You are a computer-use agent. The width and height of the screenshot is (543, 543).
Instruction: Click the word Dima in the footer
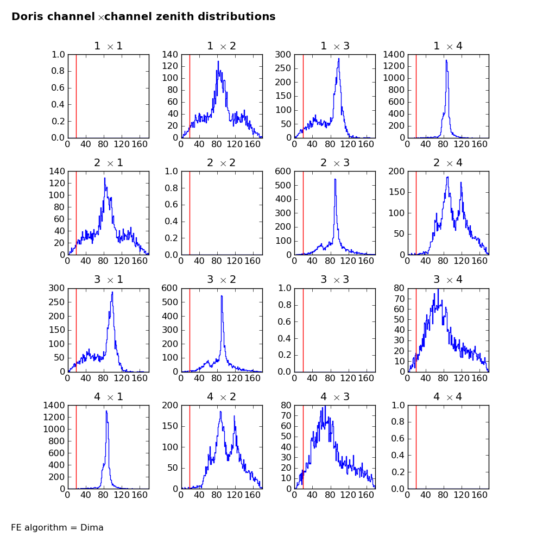tap(92, 527)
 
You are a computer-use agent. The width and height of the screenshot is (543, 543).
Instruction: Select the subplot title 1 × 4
tap(448, 46)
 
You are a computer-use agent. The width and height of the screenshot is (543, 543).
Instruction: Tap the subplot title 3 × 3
tap(335, 280)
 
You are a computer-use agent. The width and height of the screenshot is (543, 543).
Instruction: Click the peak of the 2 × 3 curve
tap(335, 179)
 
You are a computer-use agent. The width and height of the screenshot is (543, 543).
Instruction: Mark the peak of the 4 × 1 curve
tap(106, 411)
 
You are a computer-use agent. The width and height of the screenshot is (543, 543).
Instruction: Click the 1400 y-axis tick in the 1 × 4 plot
tap(394, 54)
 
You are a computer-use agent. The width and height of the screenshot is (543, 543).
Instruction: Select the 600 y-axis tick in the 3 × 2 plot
tap(169, 288)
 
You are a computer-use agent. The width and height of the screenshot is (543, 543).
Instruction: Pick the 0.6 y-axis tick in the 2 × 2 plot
tap(171, 205)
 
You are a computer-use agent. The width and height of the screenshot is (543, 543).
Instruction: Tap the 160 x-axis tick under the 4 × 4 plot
tap(479, 495)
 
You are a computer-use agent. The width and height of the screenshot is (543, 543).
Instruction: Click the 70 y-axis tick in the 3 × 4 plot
tap(399, 299)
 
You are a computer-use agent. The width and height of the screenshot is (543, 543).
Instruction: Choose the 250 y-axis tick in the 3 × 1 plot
tap(56, 302)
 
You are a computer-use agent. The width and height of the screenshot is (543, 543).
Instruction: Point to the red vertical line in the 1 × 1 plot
tap(76, 96)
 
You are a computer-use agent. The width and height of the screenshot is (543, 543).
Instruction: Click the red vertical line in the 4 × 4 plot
tap(416, 447)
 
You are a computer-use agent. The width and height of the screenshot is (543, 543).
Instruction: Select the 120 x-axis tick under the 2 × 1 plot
tap(122, 261)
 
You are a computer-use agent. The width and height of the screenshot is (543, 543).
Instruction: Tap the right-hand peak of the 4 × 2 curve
tap(235, 416)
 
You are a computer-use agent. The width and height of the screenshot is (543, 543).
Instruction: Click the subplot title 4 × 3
tap(335, 396)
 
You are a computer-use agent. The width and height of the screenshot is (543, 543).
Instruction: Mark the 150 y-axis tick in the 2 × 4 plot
tap(397, 192)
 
